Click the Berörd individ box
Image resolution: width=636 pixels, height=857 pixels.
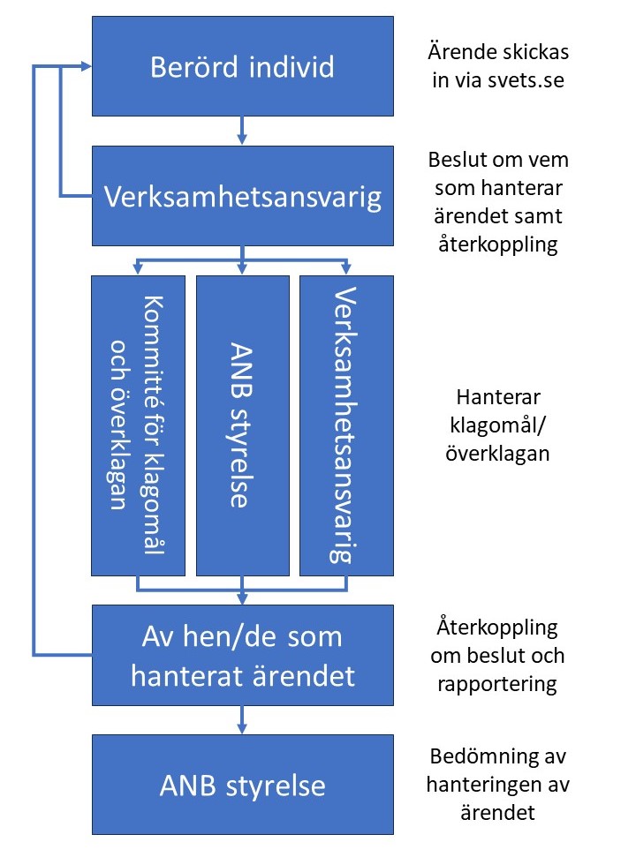[243, 66]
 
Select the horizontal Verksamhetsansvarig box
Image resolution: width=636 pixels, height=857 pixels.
[243, 196]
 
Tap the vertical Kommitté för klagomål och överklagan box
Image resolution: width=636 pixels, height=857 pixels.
[138, 425]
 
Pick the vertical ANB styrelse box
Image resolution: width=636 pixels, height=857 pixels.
[243, 425]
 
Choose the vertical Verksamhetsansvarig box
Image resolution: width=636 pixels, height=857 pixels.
[347, 425]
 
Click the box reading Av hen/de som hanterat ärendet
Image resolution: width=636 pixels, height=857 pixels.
[243, 655]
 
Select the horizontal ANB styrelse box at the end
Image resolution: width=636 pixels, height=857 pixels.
[243, 785]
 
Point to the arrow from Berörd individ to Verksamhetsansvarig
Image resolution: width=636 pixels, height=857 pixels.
[242, 131]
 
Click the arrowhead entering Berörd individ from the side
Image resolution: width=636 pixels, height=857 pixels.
[87, 66]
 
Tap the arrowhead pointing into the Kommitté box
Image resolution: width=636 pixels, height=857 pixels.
[138, 269]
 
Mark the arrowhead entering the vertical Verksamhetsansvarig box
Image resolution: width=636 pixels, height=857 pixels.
[346, 269]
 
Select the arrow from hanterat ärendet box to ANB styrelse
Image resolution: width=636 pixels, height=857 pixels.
[242, 720]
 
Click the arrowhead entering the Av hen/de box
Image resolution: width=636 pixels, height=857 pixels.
[242, 599]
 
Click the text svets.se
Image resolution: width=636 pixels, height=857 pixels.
[526, 80]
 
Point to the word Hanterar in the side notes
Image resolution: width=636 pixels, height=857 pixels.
[498, 397]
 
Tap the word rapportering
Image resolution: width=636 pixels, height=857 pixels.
[497, 684]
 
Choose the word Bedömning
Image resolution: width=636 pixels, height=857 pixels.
[479, 756]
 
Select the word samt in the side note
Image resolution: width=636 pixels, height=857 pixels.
[538, 216]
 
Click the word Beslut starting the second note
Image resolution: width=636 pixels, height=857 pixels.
[455, 160]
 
